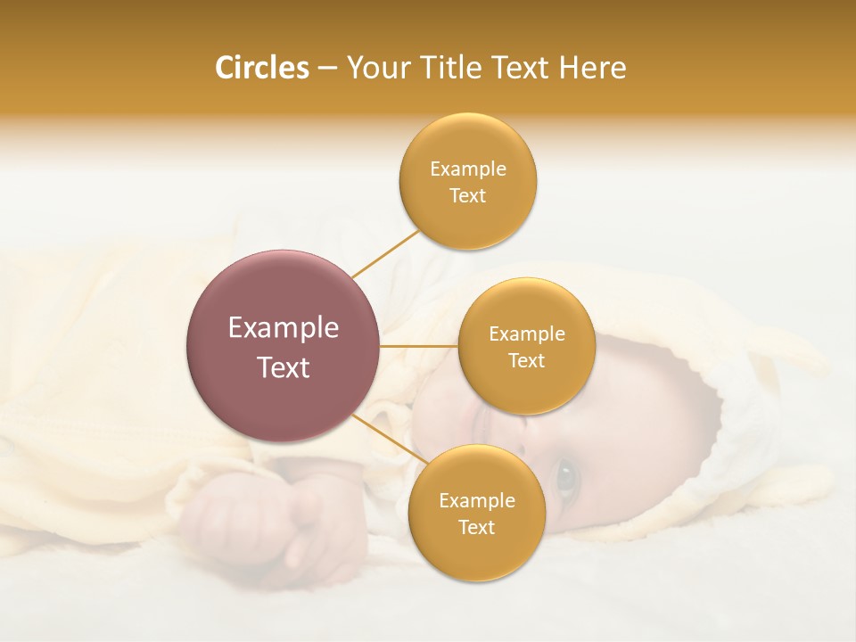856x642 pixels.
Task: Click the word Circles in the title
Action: [x=261, y=68]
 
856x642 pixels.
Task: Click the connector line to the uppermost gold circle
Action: [x=385, y=252]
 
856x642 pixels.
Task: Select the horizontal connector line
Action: [x=419, y=346]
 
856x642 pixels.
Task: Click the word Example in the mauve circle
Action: [x=283, y=327]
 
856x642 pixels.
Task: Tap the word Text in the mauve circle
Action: [x=283, y=367]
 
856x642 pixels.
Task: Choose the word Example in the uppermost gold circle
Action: [x=467, y=169]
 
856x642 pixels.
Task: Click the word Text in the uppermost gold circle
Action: [x=467, y=196]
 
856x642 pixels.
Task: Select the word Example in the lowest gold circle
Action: [x=476, y=501]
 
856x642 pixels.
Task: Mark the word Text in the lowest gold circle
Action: [x=476, y=528]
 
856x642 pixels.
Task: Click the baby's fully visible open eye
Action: [x=566, y=478]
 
